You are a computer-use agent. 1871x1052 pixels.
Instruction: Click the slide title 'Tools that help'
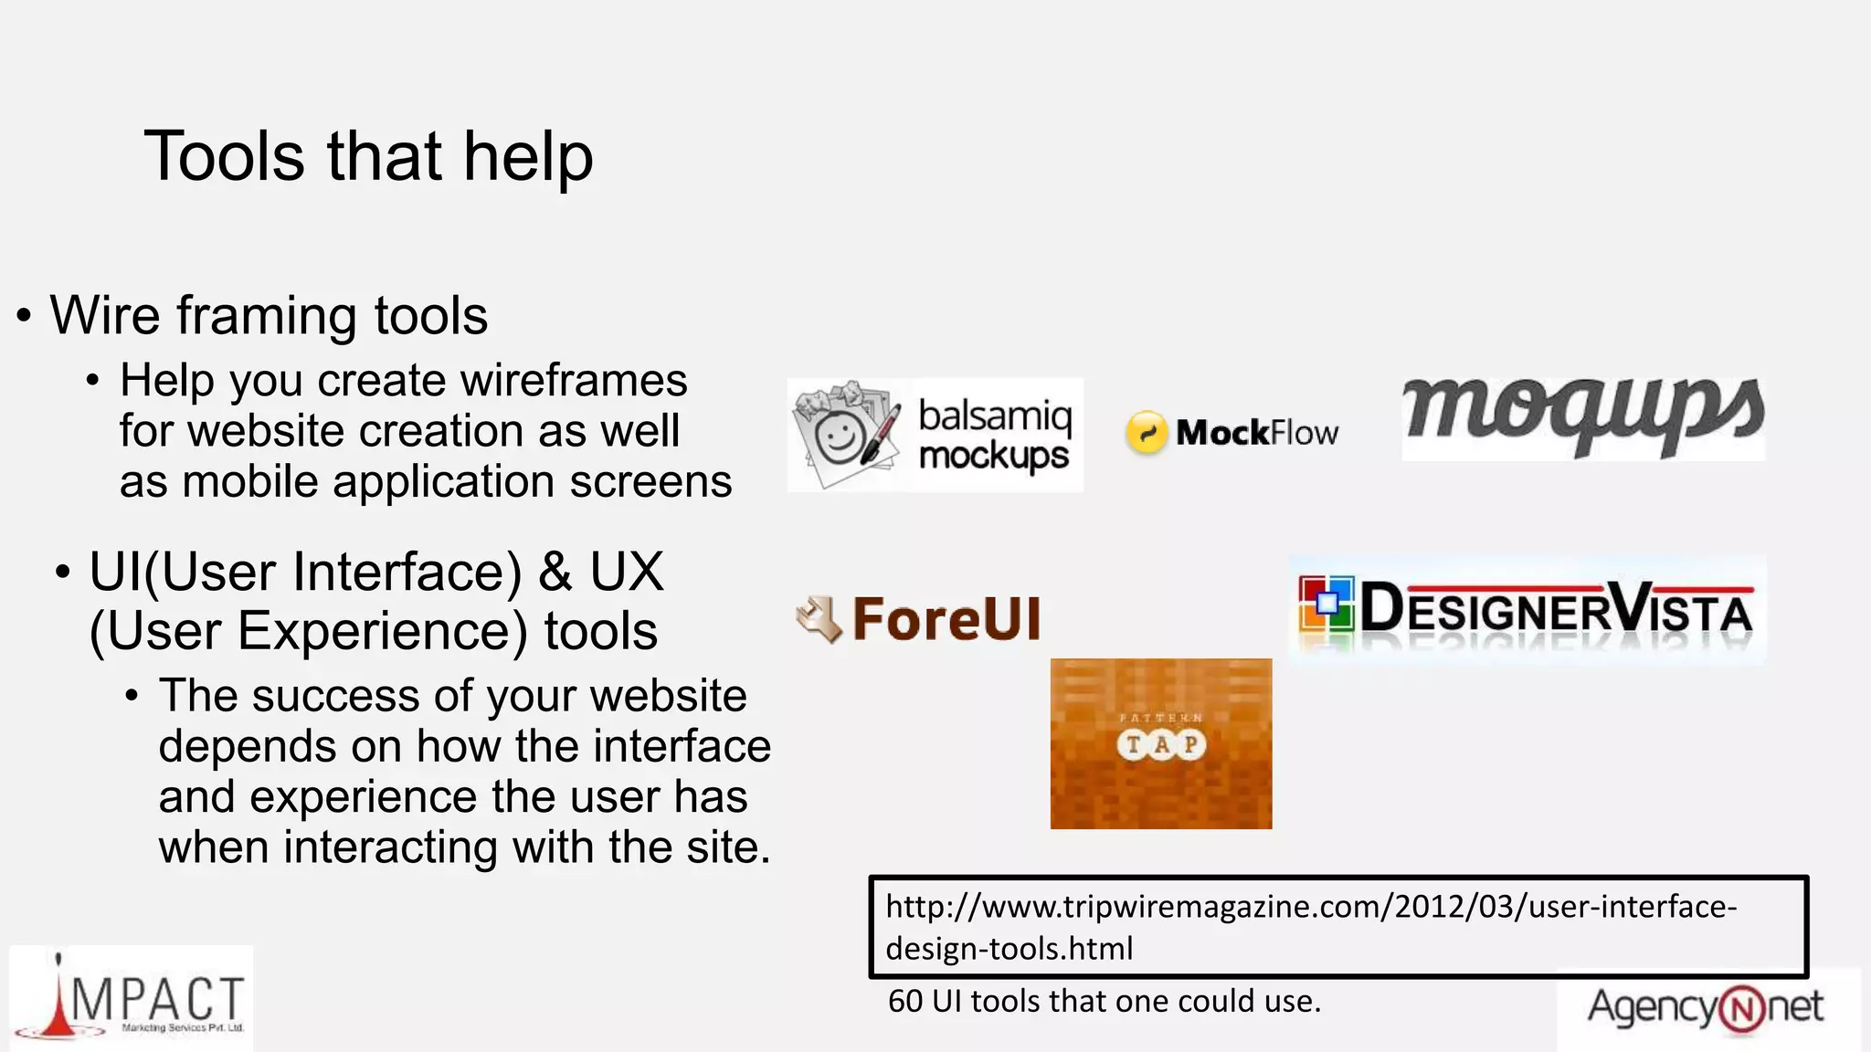coord(368,157)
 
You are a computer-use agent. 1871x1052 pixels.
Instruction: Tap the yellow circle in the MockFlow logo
coord(1147,432)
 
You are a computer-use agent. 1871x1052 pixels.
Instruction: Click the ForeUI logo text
coord(946,619)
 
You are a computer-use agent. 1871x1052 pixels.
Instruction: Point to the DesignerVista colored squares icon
coord(1326,604)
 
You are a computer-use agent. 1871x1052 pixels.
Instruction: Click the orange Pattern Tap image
coord(1160,743)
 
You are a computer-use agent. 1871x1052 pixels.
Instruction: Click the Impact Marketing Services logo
coord(132,1000)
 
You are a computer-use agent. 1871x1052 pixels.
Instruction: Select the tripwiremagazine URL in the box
coord(1310,927)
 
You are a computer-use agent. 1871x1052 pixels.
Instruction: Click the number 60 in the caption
coord(904,1002)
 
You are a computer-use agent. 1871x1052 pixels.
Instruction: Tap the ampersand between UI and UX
coord(555,573)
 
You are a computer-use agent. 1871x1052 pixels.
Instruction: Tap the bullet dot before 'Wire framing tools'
coord(24,317)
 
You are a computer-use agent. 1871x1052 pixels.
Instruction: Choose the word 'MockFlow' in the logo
coord(1257,433)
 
